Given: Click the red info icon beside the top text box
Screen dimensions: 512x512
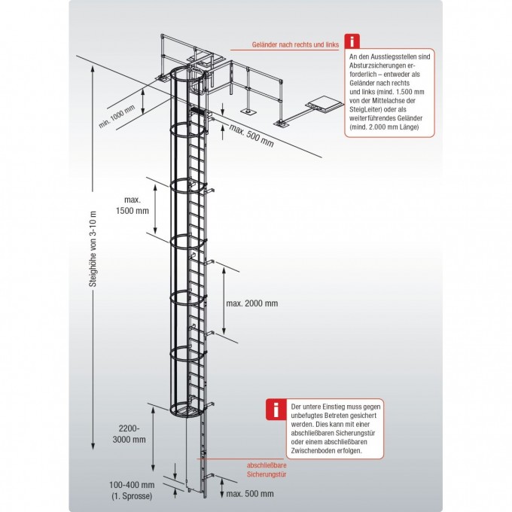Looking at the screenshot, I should pyautogui.click(x=352, y=42).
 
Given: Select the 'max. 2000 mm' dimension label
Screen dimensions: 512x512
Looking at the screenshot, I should pyautogui.click(x=252, y=303).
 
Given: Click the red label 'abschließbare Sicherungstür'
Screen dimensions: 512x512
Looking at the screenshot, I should pyautogui.click(x=265, y=471).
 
